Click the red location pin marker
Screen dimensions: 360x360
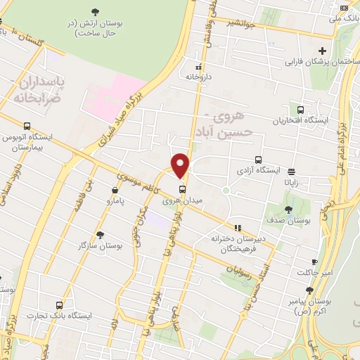[181, 165]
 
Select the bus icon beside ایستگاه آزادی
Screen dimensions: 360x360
[258, 160]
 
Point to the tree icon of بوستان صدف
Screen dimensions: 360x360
[288, 210]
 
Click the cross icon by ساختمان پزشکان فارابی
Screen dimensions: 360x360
[322, 51]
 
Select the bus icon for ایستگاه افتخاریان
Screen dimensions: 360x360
[301, 110]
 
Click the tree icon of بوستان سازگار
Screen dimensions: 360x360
[101, 236]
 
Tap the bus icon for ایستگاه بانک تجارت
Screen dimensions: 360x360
[59, 306]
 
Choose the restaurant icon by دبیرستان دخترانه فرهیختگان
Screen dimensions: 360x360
[238, 228]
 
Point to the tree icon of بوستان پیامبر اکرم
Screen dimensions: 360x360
[309, 290]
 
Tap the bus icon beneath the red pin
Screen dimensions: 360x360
[182, 189]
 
